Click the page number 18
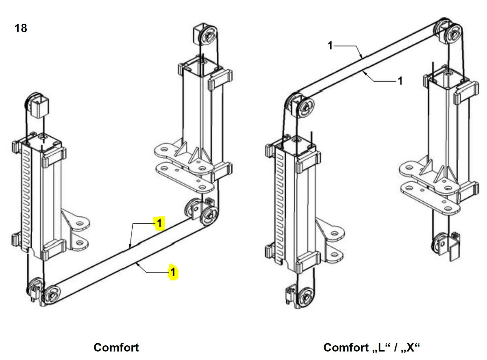20,28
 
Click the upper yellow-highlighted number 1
159,224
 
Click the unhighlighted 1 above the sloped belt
330,45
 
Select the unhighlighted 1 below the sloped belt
400,81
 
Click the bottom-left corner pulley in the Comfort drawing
52,295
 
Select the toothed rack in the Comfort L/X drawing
280,208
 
